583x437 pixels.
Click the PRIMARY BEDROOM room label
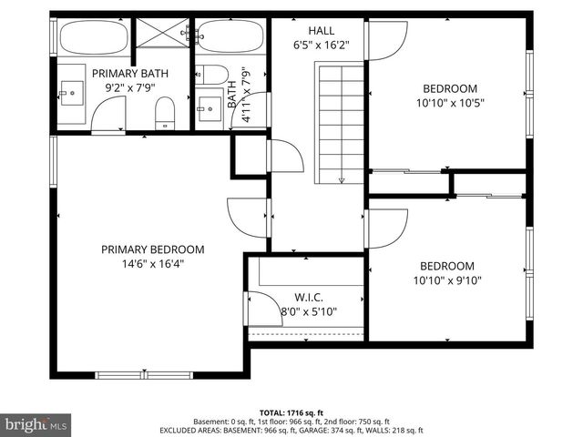click(152, 249)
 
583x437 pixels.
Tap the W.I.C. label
click(309, 298)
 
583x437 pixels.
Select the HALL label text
click(322, 30)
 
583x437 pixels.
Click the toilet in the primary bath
click(164, 114)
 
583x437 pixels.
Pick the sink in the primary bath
click(69, 92)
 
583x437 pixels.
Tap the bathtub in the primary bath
click(93, 38)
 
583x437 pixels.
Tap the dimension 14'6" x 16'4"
click(152, 264)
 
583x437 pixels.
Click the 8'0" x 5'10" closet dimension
click(309, 312)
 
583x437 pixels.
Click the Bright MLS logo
click(37, 424)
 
